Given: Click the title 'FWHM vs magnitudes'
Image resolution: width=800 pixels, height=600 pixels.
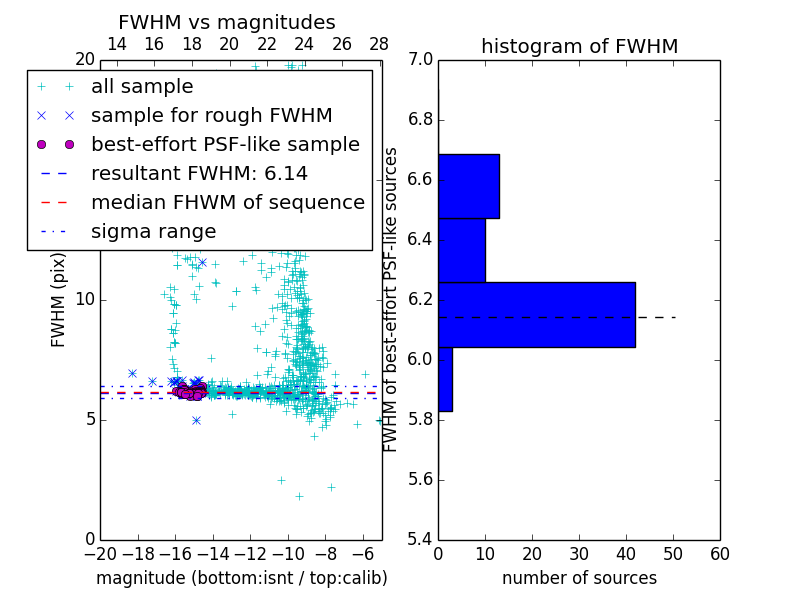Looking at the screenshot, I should click(x=227, y=23).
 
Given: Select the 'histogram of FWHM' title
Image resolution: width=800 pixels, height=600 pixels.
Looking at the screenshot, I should click(x=579, y=47).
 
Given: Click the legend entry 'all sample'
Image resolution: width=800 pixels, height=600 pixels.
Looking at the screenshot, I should click(x=142, y=87).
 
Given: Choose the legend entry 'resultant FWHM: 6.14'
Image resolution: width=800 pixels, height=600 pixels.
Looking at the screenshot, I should click(x=199, y=174).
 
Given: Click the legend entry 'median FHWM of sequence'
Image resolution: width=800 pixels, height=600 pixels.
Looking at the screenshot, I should click(x=227, y=203).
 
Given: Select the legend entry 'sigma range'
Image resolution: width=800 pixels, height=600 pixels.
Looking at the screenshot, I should click(x=153, y=232).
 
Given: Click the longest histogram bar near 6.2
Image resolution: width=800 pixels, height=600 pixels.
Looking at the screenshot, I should click(x=536, y=314).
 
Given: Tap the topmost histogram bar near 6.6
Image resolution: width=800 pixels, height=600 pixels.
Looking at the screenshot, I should click(x=468, y=186).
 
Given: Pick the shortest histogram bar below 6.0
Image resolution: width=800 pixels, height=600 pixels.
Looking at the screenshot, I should click(x=445, y=379).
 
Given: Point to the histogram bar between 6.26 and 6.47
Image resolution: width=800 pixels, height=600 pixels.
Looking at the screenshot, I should click(x=461, y=250).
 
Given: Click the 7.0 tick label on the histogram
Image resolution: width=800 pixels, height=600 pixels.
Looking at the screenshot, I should click(x=420, y=60).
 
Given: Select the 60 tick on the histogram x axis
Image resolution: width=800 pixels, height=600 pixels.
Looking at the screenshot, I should click(x=719, y=554).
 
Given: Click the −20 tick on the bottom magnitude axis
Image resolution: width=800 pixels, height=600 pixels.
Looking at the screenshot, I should click(x=100, y=554).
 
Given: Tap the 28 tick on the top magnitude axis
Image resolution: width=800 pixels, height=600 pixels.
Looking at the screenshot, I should click(x=379, y=45).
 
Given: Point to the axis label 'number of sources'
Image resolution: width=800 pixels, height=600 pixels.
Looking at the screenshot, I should click(x=579, y=578).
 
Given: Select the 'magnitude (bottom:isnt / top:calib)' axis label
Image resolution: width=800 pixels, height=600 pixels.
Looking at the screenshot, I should click(x=241, y=578).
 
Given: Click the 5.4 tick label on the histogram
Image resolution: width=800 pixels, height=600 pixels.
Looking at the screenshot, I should click(x=420, y=539).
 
